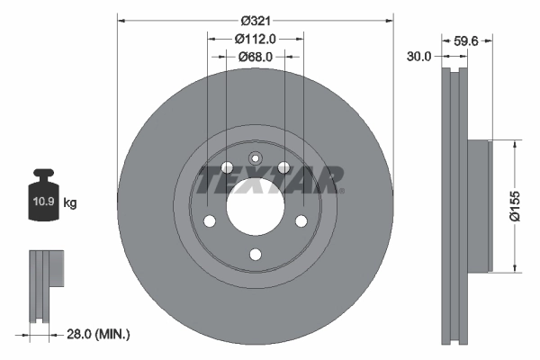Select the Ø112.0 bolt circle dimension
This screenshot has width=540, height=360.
[x=255, y=38]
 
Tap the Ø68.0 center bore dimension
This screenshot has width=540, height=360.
[x=256, y=57]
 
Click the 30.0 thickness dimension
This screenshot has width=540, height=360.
[x=419, y=56]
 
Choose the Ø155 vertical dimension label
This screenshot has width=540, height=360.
[x=515, y=204]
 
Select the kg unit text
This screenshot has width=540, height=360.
[x=70, y=203]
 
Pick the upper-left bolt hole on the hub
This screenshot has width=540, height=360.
[x=227, y=167]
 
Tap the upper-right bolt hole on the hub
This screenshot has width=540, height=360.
[x=284, y=167]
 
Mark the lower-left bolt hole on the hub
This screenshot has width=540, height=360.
[x=210, y=221]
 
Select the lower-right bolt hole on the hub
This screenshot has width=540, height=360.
[x=301, y=221]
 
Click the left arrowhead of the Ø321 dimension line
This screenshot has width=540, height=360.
[x=121, y=19]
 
